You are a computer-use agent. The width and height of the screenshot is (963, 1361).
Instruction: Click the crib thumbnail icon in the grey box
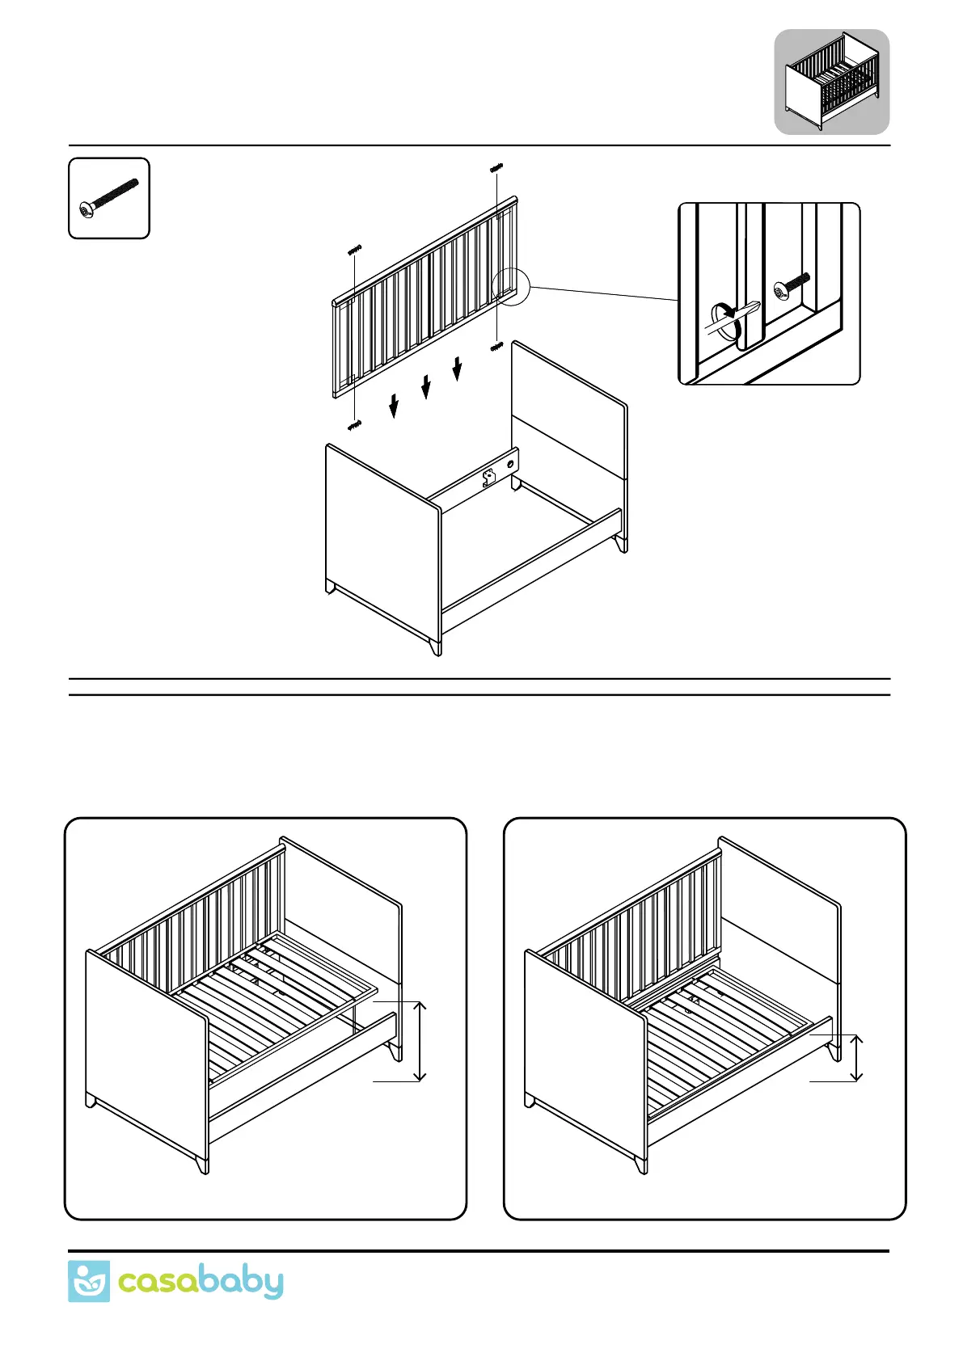pyautogui.click(x=832, y=82)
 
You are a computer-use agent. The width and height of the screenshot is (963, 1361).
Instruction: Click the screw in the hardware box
pyautogui.click(x=109, y=198)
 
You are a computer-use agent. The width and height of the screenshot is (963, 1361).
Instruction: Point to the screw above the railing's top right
pyautogui.click(x=496, y=168)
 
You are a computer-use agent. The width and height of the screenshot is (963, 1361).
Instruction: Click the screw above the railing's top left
pyautogui.click(x=354, y=250)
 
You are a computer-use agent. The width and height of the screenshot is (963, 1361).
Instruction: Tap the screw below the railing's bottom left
pyautogui.click(x=354, y=424)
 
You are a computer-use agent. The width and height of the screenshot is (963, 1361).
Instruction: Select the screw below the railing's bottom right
pyautogui.click(x=496, y=347)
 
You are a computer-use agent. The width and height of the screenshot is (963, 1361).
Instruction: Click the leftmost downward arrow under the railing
pyautogui.click(x=394, y=406)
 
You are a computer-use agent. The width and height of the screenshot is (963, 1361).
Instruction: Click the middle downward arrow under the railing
pyautogui.click(x=426, y=386)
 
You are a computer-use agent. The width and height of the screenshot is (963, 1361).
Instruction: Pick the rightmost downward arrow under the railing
pyautogui.click(x=457, y=368)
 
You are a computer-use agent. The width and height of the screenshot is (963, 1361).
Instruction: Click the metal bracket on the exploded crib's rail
pyautogui.click(x=488, y=477)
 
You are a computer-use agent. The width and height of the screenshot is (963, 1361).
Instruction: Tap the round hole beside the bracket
pyautogui.click(x=509, y=465)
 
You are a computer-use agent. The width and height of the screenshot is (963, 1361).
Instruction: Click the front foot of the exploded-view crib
pyautogui.click(x=436, y=646)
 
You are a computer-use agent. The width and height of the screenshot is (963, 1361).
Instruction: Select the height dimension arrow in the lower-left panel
pyautogui.click(x=419, y=1040)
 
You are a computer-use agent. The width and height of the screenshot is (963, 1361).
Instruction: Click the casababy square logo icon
pyautogui.click(x=88, y=1281)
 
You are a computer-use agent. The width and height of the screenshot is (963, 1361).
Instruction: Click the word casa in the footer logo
pyautogui.click(x=158, y=1283)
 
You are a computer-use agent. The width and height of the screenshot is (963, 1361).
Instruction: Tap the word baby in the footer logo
pyautogui.click(x=241, y=1283)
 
